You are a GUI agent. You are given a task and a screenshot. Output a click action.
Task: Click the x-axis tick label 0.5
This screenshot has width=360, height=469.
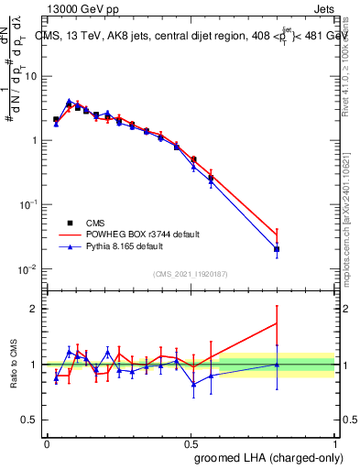[191, 444]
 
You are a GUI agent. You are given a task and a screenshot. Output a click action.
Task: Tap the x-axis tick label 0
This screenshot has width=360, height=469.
[48, 444]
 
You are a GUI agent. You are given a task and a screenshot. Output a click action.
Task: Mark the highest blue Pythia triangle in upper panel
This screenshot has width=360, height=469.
[70, 102]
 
